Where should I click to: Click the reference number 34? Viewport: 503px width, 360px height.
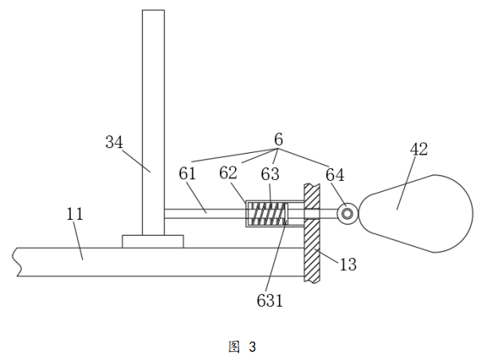tap(114, 143)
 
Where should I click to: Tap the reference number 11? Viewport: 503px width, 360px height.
tap(75, 214)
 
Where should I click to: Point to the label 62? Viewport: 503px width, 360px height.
tap(229, 174)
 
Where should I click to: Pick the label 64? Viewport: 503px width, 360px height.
tap(336, 174)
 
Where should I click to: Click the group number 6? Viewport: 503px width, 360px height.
tap(278, 139)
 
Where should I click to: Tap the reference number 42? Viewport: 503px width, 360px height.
tap(419, 149)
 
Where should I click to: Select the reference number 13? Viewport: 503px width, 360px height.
tap(347, 264)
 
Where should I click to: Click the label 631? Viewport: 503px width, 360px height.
tap(269, 300)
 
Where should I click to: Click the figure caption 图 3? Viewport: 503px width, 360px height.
tap(242, 346)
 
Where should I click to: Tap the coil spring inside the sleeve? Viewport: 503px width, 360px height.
tap(267, 213)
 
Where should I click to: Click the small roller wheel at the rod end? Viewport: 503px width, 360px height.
tap(348, 213)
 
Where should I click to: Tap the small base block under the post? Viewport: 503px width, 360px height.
tap(152, 241)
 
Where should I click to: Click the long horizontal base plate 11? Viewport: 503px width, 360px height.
tap(159, 261)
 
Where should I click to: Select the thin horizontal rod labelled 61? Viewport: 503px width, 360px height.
tap(203, 213)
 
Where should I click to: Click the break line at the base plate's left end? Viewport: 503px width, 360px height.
tap(16, 261)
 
